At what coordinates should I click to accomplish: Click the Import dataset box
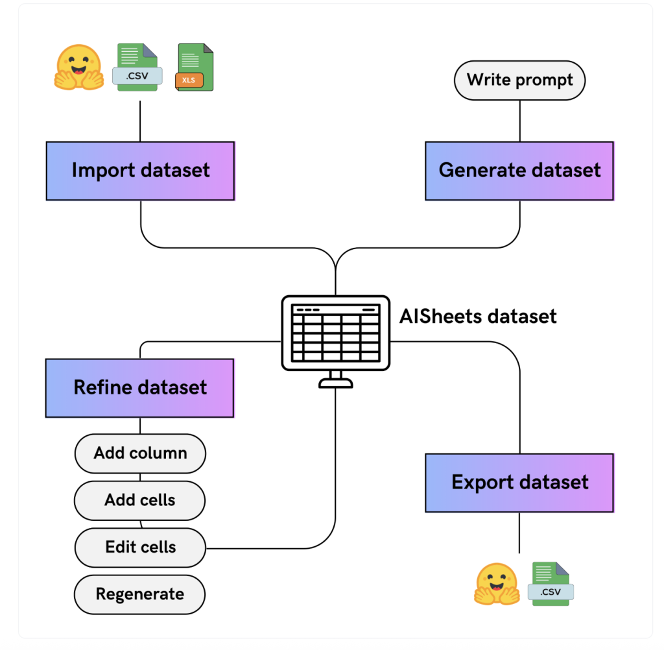140,171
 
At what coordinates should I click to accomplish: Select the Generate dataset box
519,171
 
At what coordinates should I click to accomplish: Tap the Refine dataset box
139,387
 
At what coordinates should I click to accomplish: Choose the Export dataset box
519,482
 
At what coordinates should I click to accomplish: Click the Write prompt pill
519,80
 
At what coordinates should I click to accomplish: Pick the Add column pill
140,453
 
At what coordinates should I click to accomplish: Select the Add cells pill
140,500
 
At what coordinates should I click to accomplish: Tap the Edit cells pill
140,548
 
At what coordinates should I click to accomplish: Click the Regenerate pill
140,594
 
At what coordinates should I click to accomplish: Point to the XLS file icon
194,67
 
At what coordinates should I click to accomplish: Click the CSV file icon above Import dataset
137,67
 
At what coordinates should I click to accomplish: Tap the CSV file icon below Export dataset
551,584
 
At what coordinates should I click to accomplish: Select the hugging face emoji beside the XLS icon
78,67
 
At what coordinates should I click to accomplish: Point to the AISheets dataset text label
478,317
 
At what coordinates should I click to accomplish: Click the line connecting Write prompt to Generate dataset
519,121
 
